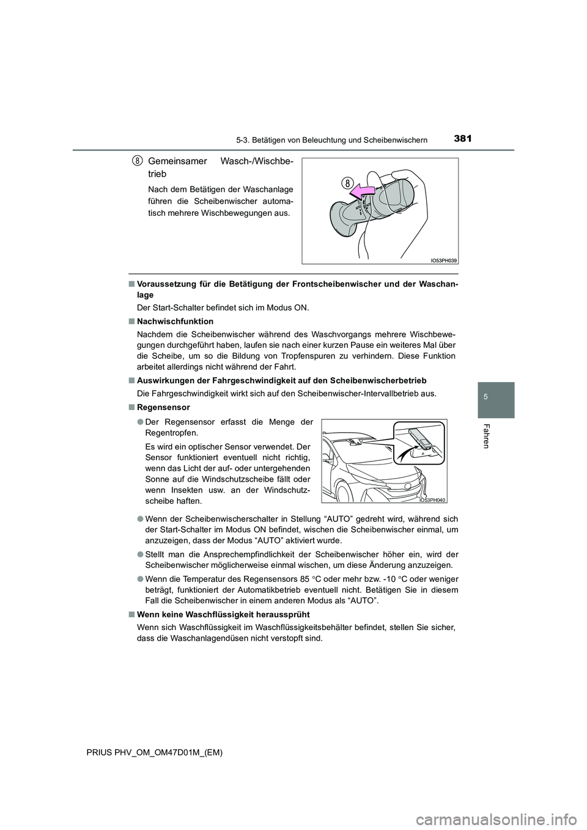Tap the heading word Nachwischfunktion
point(175,321)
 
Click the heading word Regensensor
point(164,407)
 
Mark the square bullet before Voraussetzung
point(131,284)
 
